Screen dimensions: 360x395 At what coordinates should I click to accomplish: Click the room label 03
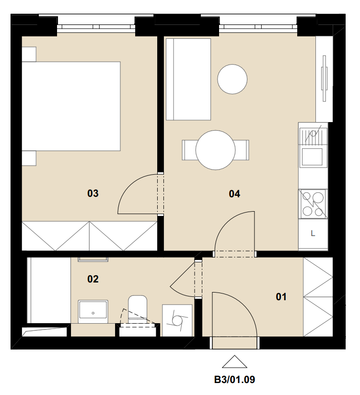pos(93,193)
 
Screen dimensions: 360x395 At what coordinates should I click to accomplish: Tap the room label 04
pos(234,194)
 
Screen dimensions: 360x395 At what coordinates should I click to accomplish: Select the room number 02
pos(93,279)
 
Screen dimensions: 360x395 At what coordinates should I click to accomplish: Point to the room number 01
pos(281,297)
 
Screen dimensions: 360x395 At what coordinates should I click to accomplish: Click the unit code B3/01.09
pos(234,380)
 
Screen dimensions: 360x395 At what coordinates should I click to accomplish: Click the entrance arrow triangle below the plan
pos(234,362)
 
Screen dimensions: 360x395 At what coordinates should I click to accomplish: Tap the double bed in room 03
pos(71,106)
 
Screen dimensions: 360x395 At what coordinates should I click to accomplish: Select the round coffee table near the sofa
pos(232,79)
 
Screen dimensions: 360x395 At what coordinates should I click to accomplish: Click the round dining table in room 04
pos(215,150)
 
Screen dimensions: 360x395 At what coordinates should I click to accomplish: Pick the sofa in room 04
pos(188,79)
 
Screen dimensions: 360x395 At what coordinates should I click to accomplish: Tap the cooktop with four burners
pos(313,204)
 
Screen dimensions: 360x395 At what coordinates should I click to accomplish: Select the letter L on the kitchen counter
pos(313,234)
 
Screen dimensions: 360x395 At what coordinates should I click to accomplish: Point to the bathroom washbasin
pos(93,312)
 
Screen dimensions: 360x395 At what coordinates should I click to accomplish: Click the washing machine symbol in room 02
pos(177,320)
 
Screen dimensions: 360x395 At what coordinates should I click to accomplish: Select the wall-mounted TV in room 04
pos(324,79)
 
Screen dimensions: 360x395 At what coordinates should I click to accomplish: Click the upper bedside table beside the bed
pos(29,54)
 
